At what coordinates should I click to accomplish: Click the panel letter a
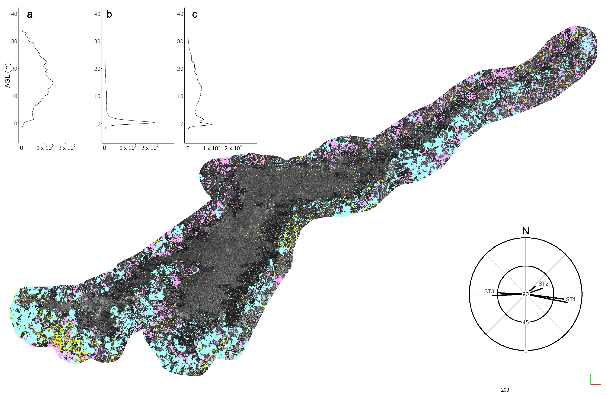[30, 14]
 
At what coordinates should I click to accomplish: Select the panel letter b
[109, 14]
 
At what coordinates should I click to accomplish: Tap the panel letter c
[195, 14]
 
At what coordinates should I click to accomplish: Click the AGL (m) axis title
[8, 75]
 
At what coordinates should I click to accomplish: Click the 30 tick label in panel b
[97, 41]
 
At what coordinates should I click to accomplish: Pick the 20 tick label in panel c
[180, 69]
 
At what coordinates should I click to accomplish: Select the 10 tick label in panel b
[97, 96]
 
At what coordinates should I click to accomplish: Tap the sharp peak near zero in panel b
[155, 122]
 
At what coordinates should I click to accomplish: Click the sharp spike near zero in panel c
[212, 125]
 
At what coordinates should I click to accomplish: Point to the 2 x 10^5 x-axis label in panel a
[67, 148]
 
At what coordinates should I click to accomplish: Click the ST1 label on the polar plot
[571, 299]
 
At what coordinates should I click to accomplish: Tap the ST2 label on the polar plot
[543, 284]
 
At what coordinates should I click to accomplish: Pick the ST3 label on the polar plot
[489, 291]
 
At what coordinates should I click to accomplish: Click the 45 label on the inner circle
[525, 323]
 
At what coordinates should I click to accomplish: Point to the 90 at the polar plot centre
[525, 294]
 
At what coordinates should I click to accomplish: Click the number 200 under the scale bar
[505, 390]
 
